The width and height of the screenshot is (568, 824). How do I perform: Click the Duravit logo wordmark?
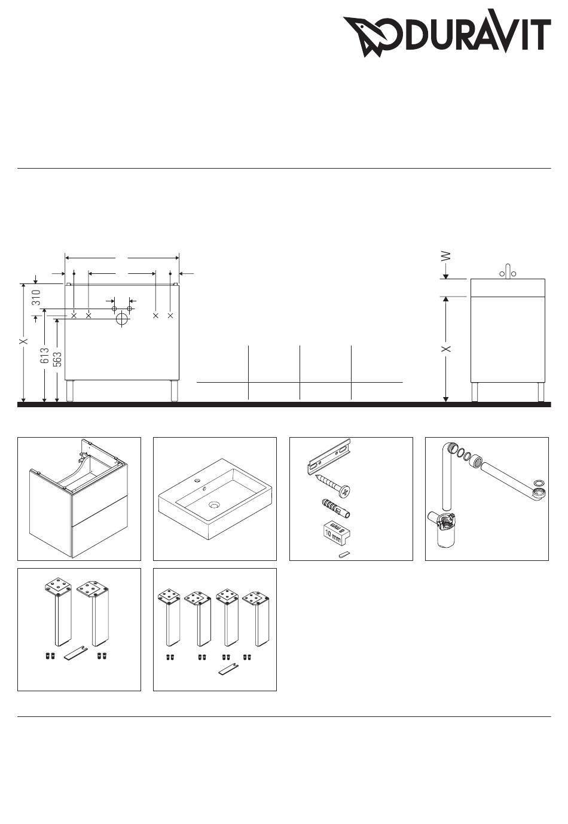pos(447,33)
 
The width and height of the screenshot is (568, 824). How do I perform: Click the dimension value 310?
pos(36,297)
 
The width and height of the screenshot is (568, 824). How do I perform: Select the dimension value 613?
pos(44,355)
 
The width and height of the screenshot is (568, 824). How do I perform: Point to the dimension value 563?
pos(57,359)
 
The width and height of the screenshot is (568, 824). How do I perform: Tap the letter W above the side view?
pos(446,256)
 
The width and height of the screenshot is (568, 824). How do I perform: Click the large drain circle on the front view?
pos(122,319)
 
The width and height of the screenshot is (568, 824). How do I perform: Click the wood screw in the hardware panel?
pos(332,485)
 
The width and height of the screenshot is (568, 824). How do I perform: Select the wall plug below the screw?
pos(335,508)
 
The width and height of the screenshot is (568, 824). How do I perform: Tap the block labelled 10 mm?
pos(336,532)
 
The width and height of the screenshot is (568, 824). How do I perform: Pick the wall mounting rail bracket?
pos(328,456)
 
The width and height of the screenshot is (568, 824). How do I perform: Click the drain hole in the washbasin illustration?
pos(213,505)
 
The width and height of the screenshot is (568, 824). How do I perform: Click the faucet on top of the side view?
pos(508,271)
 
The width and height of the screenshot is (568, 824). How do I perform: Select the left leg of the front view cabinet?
pos(69,390)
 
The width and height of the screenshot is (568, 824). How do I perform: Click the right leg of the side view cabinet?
pos(540,392)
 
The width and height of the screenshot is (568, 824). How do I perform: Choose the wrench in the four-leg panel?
pos(228,669)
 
